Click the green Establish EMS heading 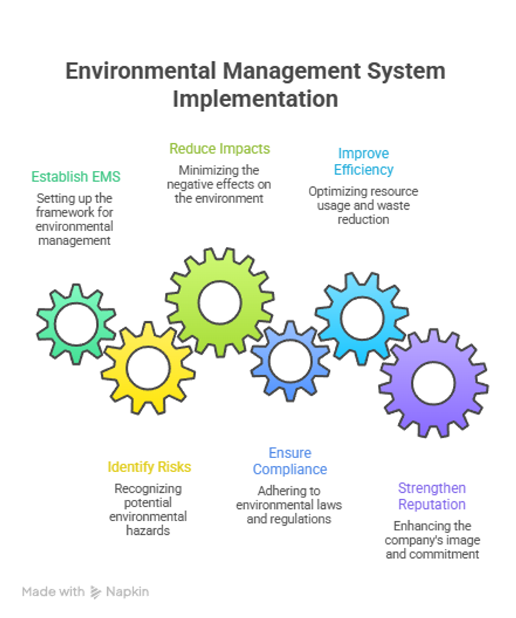point(75,177)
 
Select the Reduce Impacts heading point(219,148)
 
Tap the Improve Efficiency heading point(363,161)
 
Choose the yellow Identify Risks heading point(149,467)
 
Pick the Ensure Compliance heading point(290,461)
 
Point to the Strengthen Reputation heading point(432,496)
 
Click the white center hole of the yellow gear point(148,368)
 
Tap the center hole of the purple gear point(433,383)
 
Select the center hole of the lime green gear point(219,303)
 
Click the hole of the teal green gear point(76,324)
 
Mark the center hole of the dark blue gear point(290,361)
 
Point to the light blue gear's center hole point(362,319)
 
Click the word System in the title point(406,72)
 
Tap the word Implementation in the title point(255,99)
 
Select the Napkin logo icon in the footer point(95,592)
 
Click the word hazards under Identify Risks point(148,531)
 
